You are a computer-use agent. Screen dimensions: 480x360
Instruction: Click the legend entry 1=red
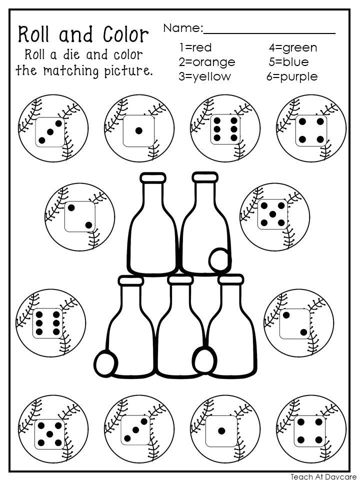(x=195, y=48)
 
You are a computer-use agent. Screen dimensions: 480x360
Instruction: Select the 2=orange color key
(x=206, y=62)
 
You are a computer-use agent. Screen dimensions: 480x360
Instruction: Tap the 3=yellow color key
(x=204, y=76)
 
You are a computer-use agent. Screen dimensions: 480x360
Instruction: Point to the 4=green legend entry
(x=292, y=48)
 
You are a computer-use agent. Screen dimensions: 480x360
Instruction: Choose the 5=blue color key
(x=288, y=62)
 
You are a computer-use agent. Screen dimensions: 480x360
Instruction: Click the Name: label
(x=182, y=28)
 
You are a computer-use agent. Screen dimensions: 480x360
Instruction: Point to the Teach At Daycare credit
(x=324, y=476)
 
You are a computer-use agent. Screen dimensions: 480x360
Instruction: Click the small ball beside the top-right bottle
(x=218, y=259)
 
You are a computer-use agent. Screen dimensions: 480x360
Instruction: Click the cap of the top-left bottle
(x=153, y=178)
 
